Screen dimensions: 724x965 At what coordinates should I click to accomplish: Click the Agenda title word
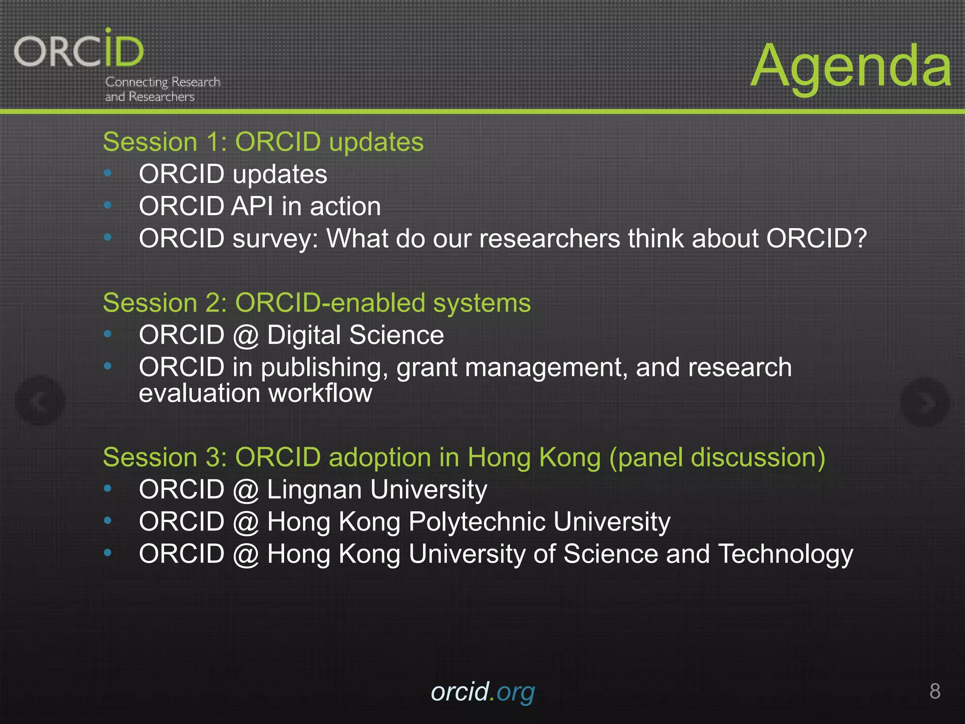tap(851, 66)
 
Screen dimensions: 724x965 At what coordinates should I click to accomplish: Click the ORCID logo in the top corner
tap(79, 49)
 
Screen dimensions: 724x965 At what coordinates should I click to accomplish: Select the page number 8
tap(935, 691)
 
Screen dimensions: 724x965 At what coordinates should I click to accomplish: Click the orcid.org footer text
tap(482, 692)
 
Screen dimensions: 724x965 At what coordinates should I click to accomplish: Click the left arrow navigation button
tap(40, 401)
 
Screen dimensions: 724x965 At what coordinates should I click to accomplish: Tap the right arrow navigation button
tap(924, 402)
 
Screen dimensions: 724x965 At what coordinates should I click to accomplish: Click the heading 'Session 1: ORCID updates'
tap(263, 142)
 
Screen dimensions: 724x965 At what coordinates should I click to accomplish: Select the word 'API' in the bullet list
tap(252, 206)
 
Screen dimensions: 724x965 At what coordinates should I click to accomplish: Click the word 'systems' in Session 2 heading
tap(482, 303)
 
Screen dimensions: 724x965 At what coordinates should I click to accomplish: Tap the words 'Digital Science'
tap(355, 335)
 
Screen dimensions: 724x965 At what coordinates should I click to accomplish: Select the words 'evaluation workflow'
tap(255, 393)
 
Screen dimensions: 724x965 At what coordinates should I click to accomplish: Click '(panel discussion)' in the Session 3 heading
tap(717, 457)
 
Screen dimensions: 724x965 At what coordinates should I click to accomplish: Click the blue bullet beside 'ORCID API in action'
tap(108, 206)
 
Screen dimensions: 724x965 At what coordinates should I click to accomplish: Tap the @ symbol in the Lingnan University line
tap(245, 490)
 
